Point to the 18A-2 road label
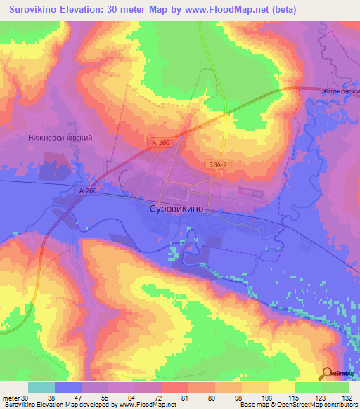pyautogui.click(x=217, y=164)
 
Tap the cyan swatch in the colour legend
pyautogui.click(x=41, y=387)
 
